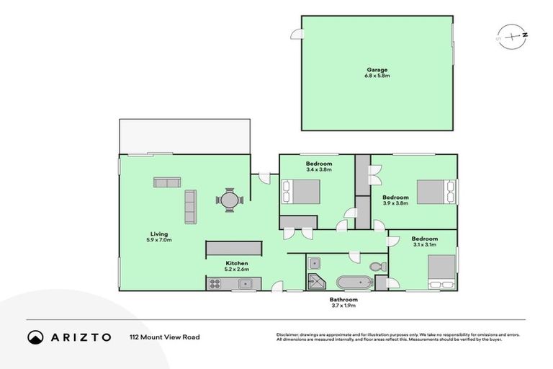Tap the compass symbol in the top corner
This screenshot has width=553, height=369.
coord(512,35)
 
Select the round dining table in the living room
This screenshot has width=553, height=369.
coord(229,200)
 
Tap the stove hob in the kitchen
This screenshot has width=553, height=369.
coord(215,284)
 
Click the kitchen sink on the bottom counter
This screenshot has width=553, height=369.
coord(245,283)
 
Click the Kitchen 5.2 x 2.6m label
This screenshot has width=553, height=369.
coord(237,267)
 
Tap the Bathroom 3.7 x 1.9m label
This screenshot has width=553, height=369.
coord(343,303)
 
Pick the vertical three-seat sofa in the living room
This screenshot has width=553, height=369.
coord(191,207)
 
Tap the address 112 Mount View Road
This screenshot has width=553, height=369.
coord(165,337)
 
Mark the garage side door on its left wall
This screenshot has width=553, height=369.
coord(296,34)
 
